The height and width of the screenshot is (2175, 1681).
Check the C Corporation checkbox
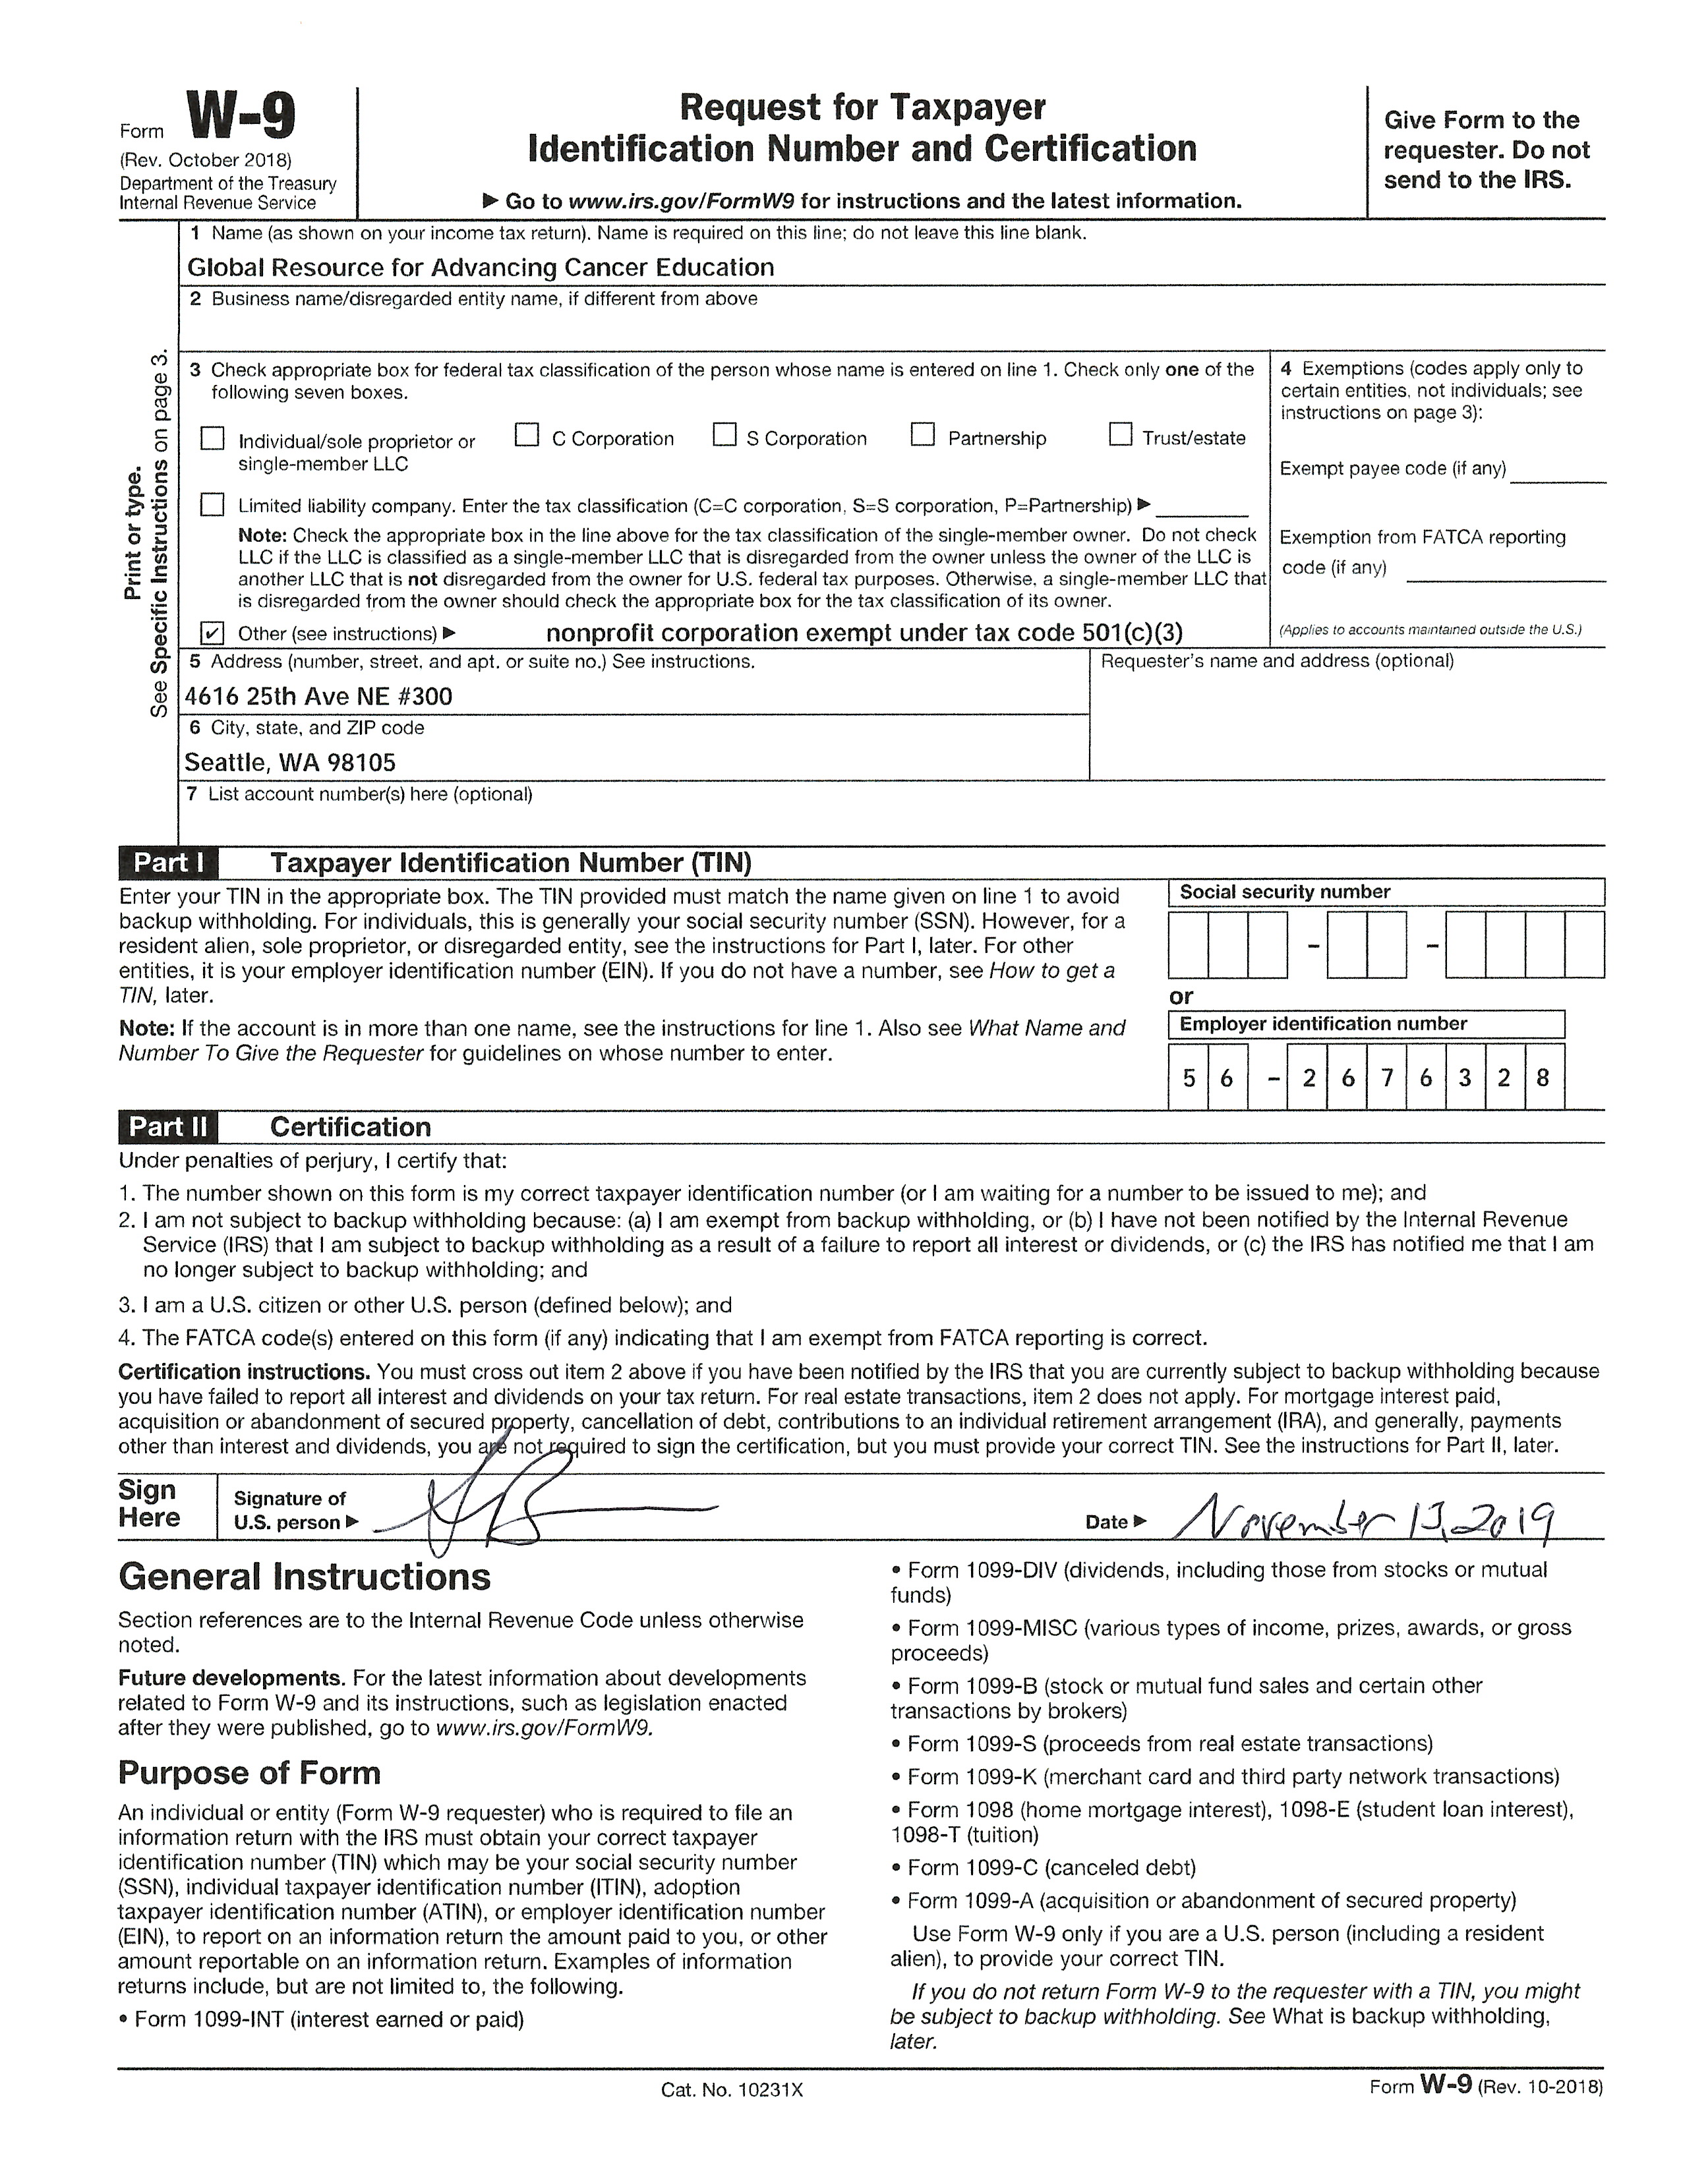click(x=527, y=435)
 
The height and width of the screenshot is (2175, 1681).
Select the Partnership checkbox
click(x=923, y=435)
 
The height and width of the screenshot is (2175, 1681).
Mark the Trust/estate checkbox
click(x=1120, y=435)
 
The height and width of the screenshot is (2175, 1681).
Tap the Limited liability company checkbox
click(x=212, y=505)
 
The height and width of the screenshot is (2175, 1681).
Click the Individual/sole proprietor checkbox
click(x=212, y=439)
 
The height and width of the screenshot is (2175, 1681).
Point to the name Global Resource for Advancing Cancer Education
click(x=480, y=268)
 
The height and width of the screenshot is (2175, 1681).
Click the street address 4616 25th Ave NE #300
click(x=318, y=696)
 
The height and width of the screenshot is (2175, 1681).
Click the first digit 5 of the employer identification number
click(x=1188, y=1076)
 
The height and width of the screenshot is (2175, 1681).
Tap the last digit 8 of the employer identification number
click(x=1543, y=1076)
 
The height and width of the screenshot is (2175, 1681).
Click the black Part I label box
click(x=168, y=863)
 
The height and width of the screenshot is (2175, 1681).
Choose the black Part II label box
click(x=168, y=1126)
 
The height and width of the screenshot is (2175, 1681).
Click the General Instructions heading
click(x=305, y=1577)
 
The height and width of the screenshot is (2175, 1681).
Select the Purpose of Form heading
click(x=249, y=1773)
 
